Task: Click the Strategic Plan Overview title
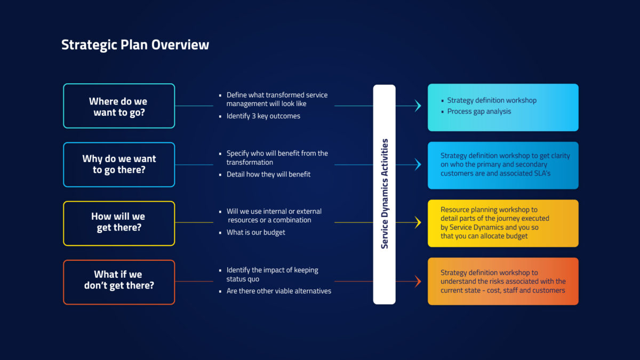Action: click(x=135, y=45)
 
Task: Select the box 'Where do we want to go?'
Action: click(x=118, y=106)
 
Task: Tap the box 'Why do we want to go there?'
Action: click(x=118, y=164)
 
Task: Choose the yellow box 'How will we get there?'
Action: click(x=118, y=222)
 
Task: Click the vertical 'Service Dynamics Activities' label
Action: click(x=385, y=194)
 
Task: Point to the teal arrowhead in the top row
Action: click(x=418, y=106)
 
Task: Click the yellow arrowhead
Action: click(x=418, y=222)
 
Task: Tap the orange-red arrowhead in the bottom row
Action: click(x=418, y=281)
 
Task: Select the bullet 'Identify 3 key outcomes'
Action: click(x=263, y=116)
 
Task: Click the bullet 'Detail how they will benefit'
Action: click(x=268, y=174)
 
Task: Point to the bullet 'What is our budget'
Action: click(x=255, y=233)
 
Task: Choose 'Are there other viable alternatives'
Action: click(x=278, y=291)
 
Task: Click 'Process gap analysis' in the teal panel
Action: click(x=479, y=111)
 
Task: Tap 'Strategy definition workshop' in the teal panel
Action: click(x=492, y=100)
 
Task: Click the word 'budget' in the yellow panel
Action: click(x=516, y=236)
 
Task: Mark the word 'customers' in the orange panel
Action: click(x=549, y=291)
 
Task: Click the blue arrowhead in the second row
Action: click(x=418, y=165)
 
